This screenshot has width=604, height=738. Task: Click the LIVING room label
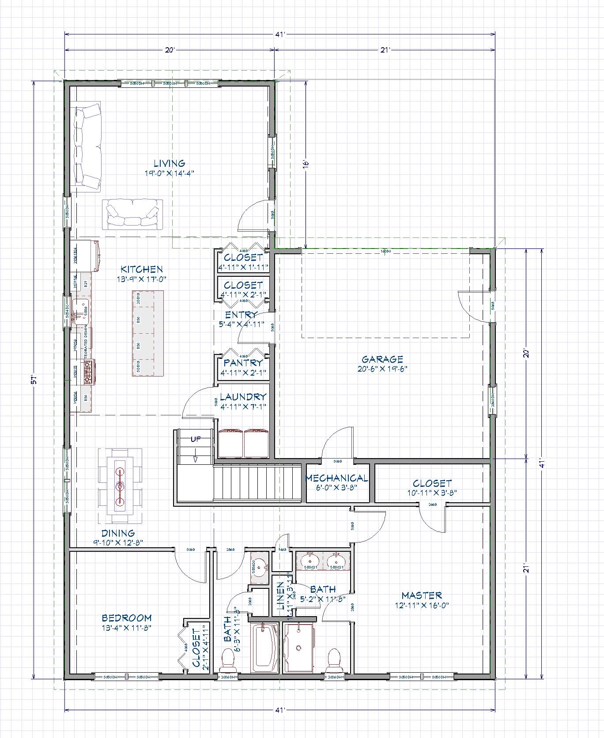(x=169, y=164)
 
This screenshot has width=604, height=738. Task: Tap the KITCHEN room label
(x=142, y=269)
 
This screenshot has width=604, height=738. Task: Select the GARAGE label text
(x=382, y=360)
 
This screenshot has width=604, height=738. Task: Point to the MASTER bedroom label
(x=422, y=595)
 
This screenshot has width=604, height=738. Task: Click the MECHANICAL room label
(x=337, y=478)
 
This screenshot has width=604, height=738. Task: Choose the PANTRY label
(x=243, y=363)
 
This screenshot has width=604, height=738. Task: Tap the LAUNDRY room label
(x=243, y=397)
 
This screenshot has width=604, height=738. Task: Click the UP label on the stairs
(x=195, y=439)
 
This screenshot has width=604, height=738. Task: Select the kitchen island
(x=147, y=333)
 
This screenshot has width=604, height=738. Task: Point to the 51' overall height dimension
(x=34, y=380)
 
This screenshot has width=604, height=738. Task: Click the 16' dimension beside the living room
(x=306, y=163)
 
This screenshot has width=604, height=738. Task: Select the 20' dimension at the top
(x=170, y=50)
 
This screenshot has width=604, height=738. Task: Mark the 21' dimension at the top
(x=385, y=50)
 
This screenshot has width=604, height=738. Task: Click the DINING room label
(x=118, y=533)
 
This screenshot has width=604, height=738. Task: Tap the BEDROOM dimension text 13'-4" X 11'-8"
(x=127, y=628)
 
